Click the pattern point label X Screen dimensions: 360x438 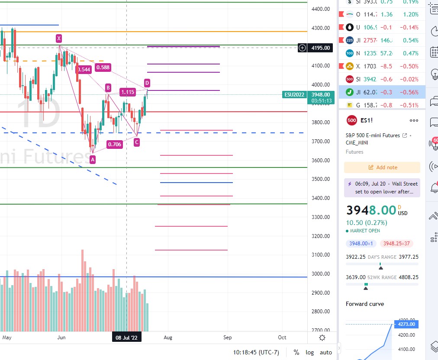(59, 38)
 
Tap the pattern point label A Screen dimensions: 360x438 (92, 160)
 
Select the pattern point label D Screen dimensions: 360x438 (147, 83)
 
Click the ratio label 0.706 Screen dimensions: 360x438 (114, 145)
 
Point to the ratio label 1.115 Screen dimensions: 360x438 (128, 92)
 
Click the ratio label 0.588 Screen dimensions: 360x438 (103, 67)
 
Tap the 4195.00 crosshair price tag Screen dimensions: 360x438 (320, 48)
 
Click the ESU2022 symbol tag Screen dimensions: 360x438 (295, 94)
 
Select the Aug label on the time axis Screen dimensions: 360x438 (167, 337)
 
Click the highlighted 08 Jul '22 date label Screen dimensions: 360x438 (126, 337)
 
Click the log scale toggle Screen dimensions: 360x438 (309, 352)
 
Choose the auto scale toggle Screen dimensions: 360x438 (326, 352)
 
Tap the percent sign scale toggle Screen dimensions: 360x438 (296, 352)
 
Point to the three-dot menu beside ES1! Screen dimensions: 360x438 (414, 120)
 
